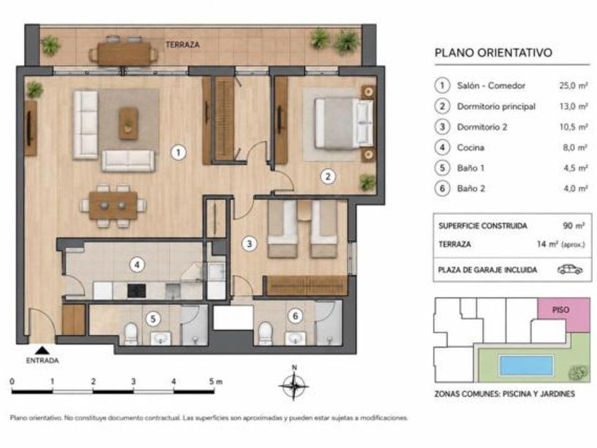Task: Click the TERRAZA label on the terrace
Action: pyautogui.click(x=183, y=45)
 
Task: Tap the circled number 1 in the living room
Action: pyautogui.click(x=178, y=153)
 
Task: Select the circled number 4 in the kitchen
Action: pyautogui.click(x=137, y=265)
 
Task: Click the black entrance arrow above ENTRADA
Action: pyautogui.click(x=42, y=351)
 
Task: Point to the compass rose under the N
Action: pyautogui.click(x=294, y=386)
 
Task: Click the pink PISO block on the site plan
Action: pyautogui.click(x=564, y=315)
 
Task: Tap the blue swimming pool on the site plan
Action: pyautogui.click(x=526, y=366)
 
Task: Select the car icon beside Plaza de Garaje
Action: pyautogui.click(x=570, y=270)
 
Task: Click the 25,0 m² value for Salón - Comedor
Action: pyautogui.click(x=573, y=86)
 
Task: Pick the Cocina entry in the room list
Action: pyautogui.click(x=470, y=147)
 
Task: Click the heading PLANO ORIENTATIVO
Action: pyautogui.click(x=493, y=53)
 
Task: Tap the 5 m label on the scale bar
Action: pyautogui.click(x=215, y=381)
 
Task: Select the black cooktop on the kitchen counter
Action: pyautogui.click(x=136, y=291)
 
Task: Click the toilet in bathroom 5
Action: pyautogui.click(x=131, y=334)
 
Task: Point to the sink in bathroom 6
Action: pyautogui.click(x=296, y=338)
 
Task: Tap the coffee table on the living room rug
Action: pyautogui.click(x=129, y=123)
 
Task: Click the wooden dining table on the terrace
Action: pyautogui.click(x=124, y=54)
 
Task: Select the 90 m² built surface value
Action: pyautogui.click(x=574, y=225)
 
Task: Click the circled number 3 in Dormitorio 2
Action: pyautogui.click(x=249, y=244)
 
